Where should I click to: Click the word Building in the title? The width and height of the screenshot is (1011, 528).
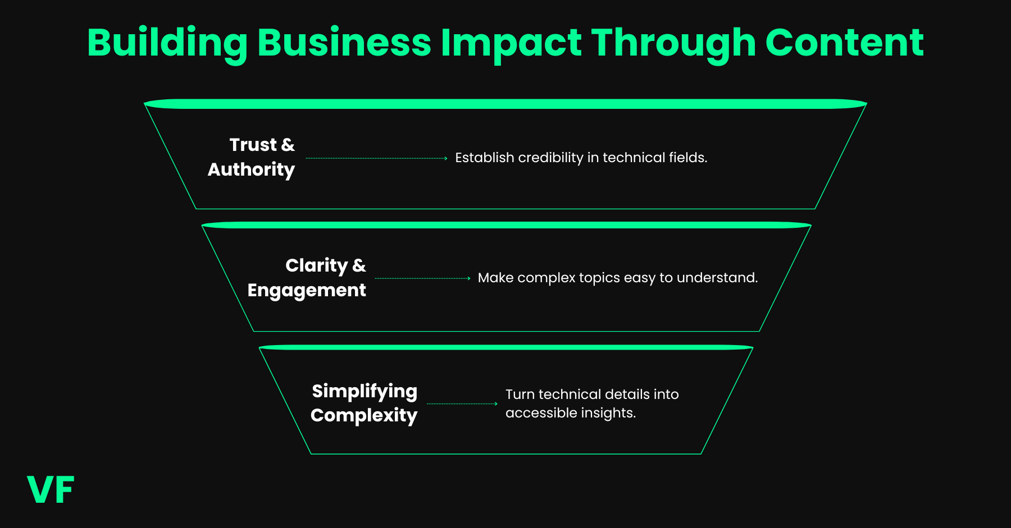(x=167, y=44)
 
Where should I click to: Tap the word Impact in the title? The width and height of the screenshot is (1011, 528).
(x=511, y=44)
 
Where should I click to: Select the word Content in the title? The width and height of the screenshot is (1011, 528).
(x=844, y=43)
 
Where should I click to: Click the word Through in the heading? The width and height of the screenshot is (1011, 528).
(x=673, y=44)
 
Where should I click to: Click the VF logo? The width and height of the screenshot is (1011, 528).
(x=51, y=490)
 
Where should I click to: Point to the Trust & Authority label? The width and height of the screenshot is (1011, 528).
(x=252, y=157)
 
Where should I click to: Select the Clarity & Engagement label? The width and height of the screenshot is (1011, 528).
(x=307, y=278)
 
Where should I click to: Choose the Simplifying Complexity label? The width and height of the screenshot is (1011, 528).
(x=365, y=403)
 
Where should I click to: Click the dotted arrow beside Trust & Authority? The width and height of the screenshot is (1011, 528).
(x=376, y=159)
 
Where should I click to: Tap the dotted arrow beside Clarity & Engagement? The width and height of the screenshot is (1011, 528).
(x=422, y=278)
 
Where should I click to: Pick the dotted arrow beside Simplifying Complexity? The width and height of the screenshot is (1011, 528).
(x=462, y=403)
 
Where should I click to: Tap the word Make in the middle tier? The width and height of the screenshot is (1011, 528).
(x=495, y=278)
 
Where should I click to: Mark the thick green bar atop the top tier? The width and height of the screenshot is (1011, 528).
(x=505, y=104)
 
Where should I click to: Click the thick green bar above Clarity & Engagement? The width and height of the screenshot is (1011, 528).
(x=505, y=225)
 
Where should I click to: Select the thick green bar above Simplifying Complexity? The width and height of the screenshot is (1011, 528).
(x=505, y=347)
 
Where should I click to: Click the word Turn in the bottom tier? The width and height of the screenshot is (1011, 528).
(x=520, y=394)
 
